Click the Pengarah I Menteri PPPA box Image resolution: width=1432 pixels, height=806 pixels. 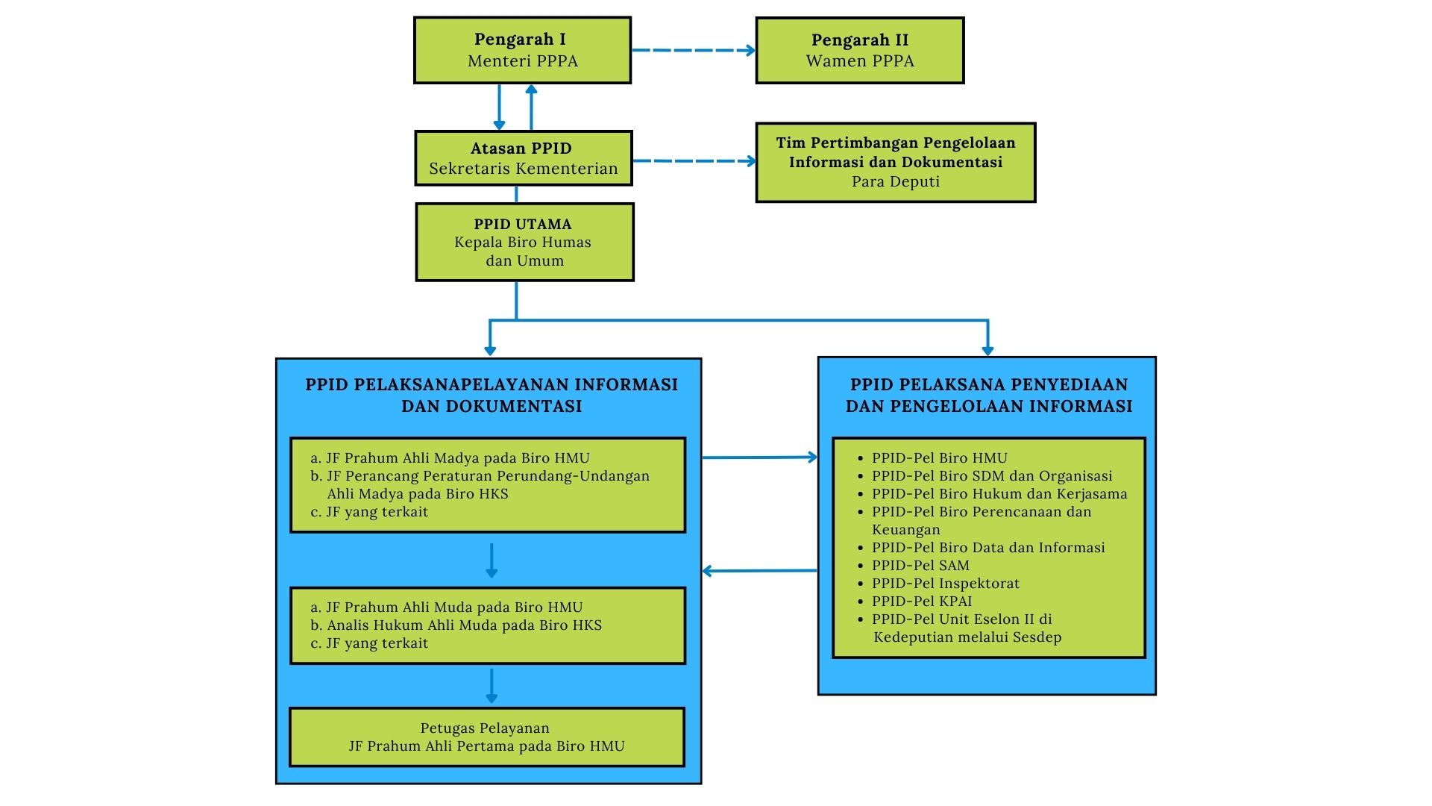point(523,50)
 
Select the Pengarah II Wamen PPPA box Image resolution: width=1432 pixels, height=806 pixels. point(860,50)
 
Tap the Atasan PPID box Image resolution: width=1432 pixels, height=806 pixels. point(524,158)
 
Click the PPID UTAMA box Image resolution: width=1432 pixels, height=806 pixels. point(524,242)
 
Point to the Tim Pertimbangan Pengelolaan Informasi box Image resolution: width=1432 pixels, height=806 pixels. point(896,162)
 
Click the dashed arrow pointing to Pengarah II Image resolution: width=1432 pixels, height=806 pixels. point(694,50)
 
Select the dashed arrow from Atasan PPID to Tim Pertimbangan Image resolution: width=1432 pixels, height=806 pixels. point(694,160)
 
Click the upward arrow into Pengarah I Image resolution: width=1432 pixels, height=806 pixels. point(531,107)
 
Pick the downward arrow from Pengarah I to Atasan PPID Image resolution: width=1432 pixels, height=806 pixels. point(499,107)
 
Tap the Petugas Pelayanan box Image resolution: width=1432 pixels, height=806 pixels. point(486,737)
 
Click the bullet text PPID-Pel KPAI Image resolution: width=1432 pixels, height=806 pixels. point(922,601)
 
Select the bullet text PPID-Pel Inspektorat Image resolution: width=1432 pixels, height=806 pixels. point(945,583)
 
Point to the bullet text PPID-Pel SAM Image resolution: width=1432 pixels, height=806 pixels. point(920,565)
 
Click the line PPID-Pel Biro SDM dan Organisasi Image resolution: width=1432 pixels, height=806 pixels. point(992,475)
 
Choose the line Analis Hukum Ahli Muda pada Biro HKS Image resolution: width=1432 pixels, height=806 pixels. point(464,625)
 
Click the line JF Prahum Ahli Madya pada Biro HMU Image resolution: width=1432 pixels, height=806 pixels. point(457,457)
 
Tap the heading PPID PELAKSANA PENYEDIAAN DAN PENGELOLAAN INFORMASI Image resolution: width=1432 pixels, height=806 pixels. point(988,395)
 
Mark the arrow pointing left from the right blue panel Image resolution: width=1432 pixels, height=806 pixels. point(759,571)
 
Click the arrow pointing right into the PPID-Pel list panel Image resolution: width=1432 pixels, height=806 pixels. point(759,457)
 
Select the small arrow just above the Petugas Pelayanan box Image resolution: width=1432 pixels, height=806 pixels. point(491,686)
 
